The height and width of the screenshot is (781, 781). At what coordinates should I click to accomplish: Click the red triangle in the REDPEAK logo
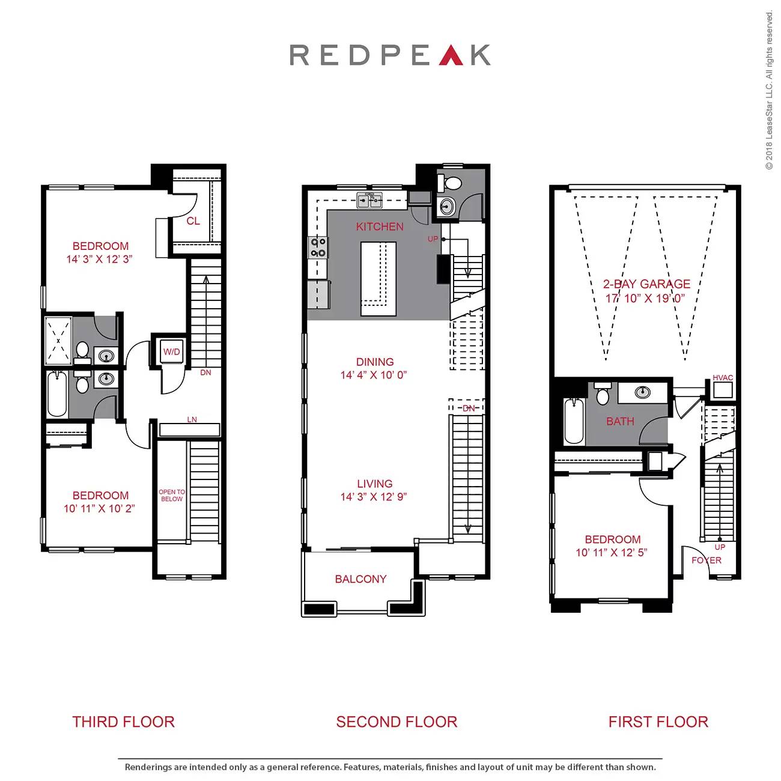pos(451,55)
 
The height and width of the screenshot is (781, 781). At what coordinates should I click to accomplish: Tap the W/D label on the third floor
pos(172,352)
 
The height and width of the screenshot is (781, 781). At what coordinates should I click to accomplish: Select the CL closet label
pos(193,221)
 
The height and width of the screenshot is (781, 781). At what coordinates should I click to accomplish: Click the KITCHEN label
pos(380,226)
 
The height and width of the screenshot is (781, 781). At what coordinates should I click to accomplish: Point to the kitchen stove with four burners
pos(318,248)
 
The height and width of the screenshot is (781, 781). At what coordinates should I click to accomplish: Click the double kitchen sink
pos(369,201)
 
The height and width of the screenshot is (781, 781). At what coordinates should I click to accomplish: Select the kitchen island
pos(378,278)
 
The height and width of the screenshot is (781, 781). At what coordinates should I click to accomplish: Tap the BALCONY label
pos(360,579)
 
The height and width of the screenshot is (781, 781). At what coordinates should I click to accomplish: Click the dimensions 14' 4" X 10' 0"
pos(374,375)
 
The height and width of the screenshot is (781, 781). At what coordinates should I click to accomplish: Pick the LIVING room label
pos(374,484)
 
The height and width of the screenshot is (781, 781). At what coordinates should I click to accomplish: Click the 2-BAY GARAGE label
pos(646,284)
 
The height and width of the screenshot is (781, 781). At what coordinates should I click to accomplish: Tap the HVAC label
pos(723,378)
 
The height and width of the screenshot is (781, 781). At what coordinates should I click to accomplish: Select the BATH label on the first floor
pos(620,422)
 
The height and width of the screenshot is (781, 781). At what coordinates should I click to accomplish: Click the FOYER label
pos(707,560)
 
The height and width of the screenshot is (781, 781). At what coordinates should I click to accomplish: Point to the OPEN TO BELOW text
pos(172,496)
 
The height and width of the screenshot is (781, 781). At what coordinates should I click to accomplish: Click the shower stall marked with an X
pos(58,341)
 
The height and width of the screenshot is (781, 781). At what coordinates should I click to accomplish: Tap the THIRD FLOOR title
pos(123,722)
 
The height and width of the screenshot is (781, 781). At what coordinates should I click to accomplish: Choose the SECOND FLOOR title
pos(397,722)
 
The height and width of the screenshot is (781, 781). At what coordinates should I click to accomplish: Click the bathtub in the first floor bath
pos(574,422)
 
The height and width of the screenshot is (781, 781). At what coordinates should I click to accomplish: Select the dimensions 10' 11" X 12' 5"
pos(612,553)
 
